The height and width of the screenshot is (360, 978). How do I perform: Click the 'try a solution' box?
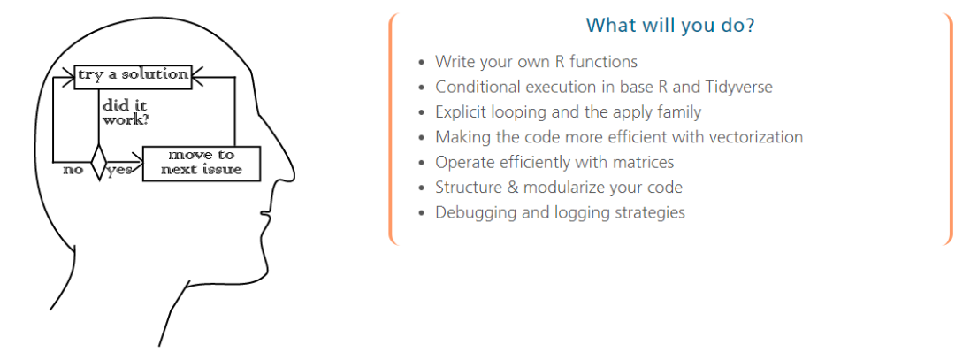pos(132,76)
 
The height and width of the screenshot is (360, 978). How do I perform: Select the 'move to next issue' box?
pos(202,164)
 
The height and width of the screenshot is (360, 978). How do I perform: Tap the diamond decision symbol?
pos(98,164)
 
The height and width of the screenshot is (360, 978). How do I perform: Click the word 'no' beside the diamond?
pos(73,170)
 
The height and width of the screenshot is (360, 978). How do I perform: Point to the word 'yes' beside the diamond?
pos(120,170)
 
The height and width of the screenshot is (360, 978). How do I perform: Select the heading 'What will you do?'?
pos(671,26)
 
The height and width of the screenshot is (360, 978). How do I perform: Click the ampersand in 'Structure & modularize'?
pos(513,188)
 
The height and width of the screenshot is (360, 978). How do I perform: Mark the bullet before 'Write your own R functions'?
pos(423,63)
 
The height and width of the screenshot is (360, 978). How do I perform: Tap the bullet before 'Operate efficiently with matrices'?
pos(423,163)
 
